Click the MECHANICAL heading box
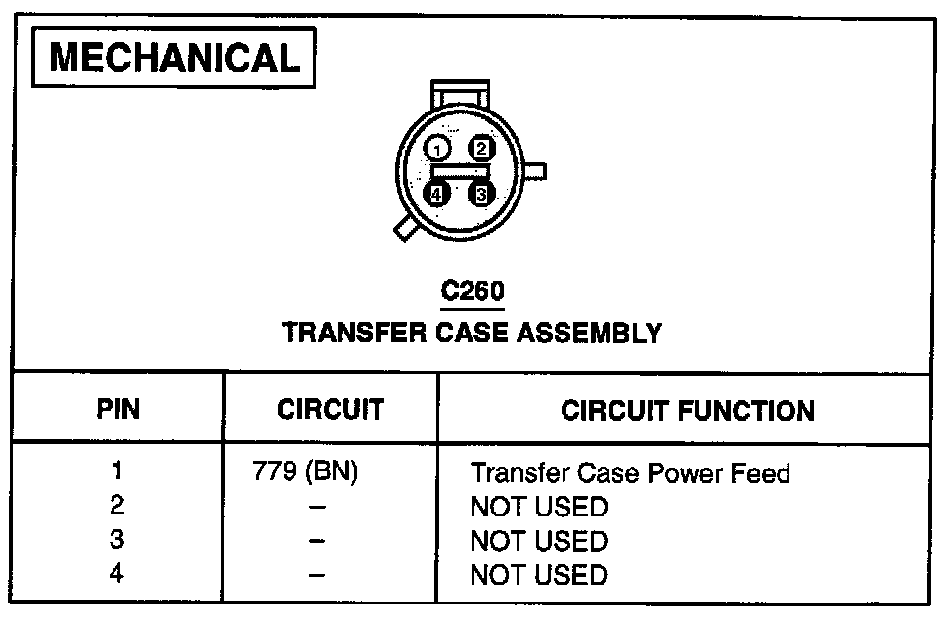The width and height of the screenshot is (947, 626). tap(175, 59)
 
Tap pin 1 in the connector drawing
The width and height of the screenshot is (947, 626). tap(438, 149)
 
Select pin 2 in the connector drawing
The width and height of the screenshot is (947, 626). tap(481, 149)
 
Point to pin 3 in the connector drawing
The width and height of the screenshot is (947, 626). tap(480, 194)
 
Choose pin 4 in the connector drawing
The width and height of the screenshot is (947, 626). tap(437, 194)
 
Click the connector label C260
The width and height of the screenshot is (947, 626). tap(473, 291)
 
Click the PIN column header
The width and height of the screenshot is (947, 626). tap(117, 409)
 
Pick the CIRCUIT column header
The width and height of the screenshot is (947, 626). tap(330, 409)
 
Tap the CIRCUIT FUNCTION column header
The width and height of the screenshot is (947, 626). tap(687, 410)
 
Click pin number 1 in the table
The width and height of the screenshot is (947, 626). tap(117, 472)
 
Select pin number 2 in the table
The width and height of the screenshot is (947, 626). tap(117, 507)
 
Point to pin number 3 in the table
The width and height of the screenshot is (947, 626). tap(117, 541)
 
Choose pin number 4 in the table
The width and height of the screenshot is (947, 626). tap(117, 574)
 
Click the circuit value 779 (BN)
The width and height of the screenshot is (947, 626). tap(305, 473)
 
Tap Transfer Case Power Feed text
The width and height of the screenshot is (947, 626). tap(629, 474)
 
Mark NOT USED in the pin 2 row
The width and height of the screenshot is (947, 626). tap(538, 508)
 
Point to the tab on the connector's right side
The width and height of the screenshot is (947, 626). tap(536, 173)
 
